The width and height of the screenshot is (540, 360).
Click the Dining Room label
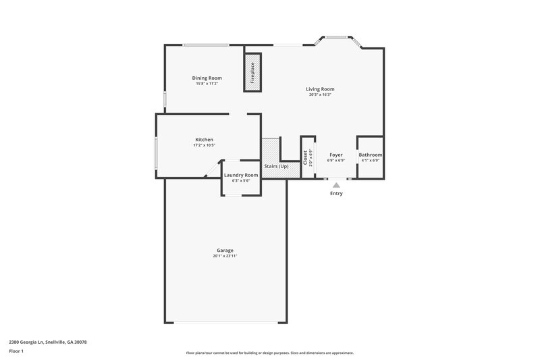207,78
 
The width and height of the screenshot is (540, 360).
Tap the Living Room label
320,89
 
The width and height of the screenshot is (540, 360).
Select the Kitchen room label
205,140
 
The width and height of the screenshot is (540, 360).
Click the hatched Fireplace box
252,72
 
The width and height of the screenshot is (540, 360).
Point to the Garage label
225,251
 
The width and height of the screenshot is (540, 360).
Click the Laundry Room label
241,175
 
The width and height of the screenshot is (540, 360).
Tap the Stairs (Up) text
276,166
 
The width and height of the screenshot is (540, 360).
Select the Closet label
306,157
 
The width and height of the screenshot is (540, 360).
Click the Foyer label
335,155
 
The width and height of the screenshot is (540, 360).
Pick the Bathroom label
371,155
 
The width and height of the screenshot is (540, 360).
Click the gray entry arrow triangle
336,184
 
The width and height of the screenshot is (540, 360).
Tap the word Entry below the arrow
336,194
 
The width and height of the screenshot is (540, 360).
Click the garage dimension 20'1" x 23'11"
225,256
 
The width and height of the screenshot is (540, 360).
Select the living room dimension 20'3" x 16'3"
320,95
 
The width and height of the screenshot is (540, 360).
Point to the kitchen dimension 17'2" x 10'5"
205,145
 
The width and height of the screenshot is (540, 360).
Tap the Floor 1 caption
17,352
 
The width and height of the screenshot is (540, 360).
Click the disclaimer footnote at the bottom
270,353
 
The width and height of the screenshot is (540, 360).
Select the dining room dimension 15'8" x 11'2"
207,84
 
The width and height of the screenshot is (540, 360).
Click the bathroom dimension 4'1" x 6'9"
371,160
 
